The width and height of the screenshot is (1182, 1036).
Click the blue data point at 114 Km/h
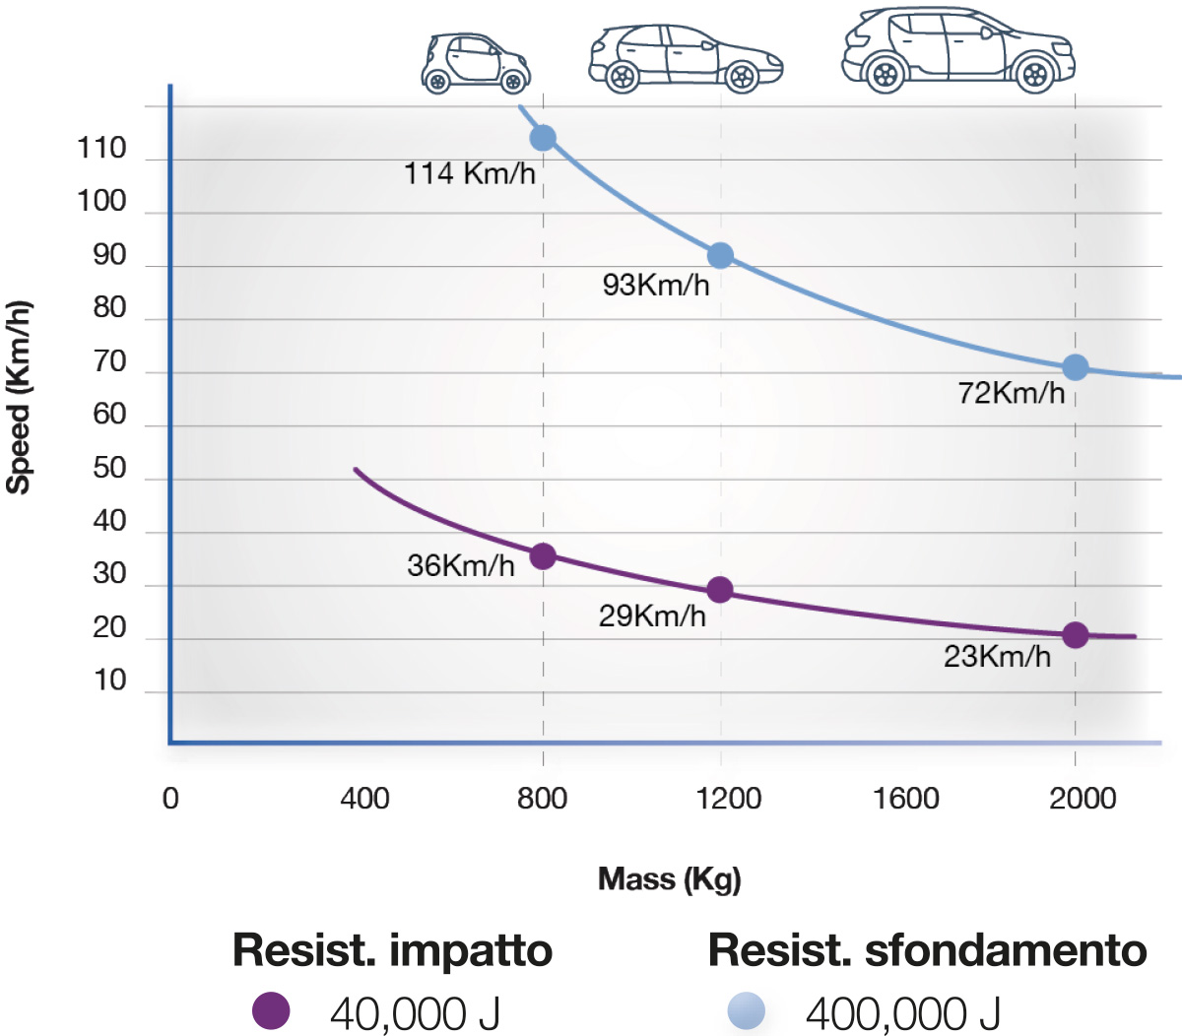pyautogui.click(x=543, y=138)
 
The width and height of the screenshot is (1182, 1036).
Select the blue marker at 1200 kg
pyautogui.click(x=721, y=256)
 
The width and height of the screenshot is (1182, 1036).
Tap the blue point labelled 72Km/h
pyautogui.click(x=1076, y=368)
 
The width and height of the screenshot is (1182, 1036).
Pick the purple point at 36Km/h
pyautogui.click(x=543, y=556)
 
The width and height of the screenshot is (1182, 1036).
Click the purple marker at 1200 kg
pyautogui.click(x=720, y=590)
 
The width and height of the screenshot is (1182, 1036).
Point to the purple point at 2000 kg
pyautogui.click(x=1076, y=635)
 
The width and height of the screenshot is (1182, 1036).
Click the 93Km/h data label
pyautogui.click(x=656, y=286)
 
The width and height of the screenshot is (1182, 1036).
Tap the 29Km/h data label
pyautogui.click(x=652, y=616)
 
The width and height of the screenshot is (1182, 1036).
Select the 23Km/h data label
pyautogui.click(x=997, y=657)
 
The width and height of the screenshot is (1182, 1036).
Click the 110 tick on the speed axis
pyautogui.click(x=102, y=149)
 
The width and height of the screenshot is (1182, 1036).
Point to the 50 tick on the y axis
pyautogui.click(x=109, y=468)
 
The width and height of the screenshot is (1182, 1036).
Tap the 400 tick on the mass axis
pyautogui.click(x=364, y=798)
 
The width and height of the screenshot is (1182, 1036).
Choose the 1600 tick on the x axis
pyautogui.click(x=905, y=798)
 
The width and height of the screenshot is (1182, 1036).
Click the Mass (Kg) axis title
pyautogui.click(x=669, y=878)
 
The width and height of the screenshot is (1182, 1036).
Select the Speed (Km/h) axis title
pyautogui.click(x=19, y=396)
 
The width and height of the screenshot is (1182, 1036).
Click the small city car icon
pyautogui.click(x=476, y=63)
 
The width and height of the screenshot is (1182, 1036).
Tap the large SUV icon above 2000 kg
pyautogui.click(x=957, y=49)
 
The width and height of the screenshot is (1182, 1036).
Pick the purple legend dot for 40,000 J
pyautogui.click(x=271, y=1010)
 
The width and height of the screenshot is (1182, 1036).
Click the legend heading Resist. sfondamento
pyautogui.click(x=927, y=951)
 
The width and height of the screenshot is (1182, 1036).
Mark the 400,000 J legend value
pyautogui.click(x=902, y=1012)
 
